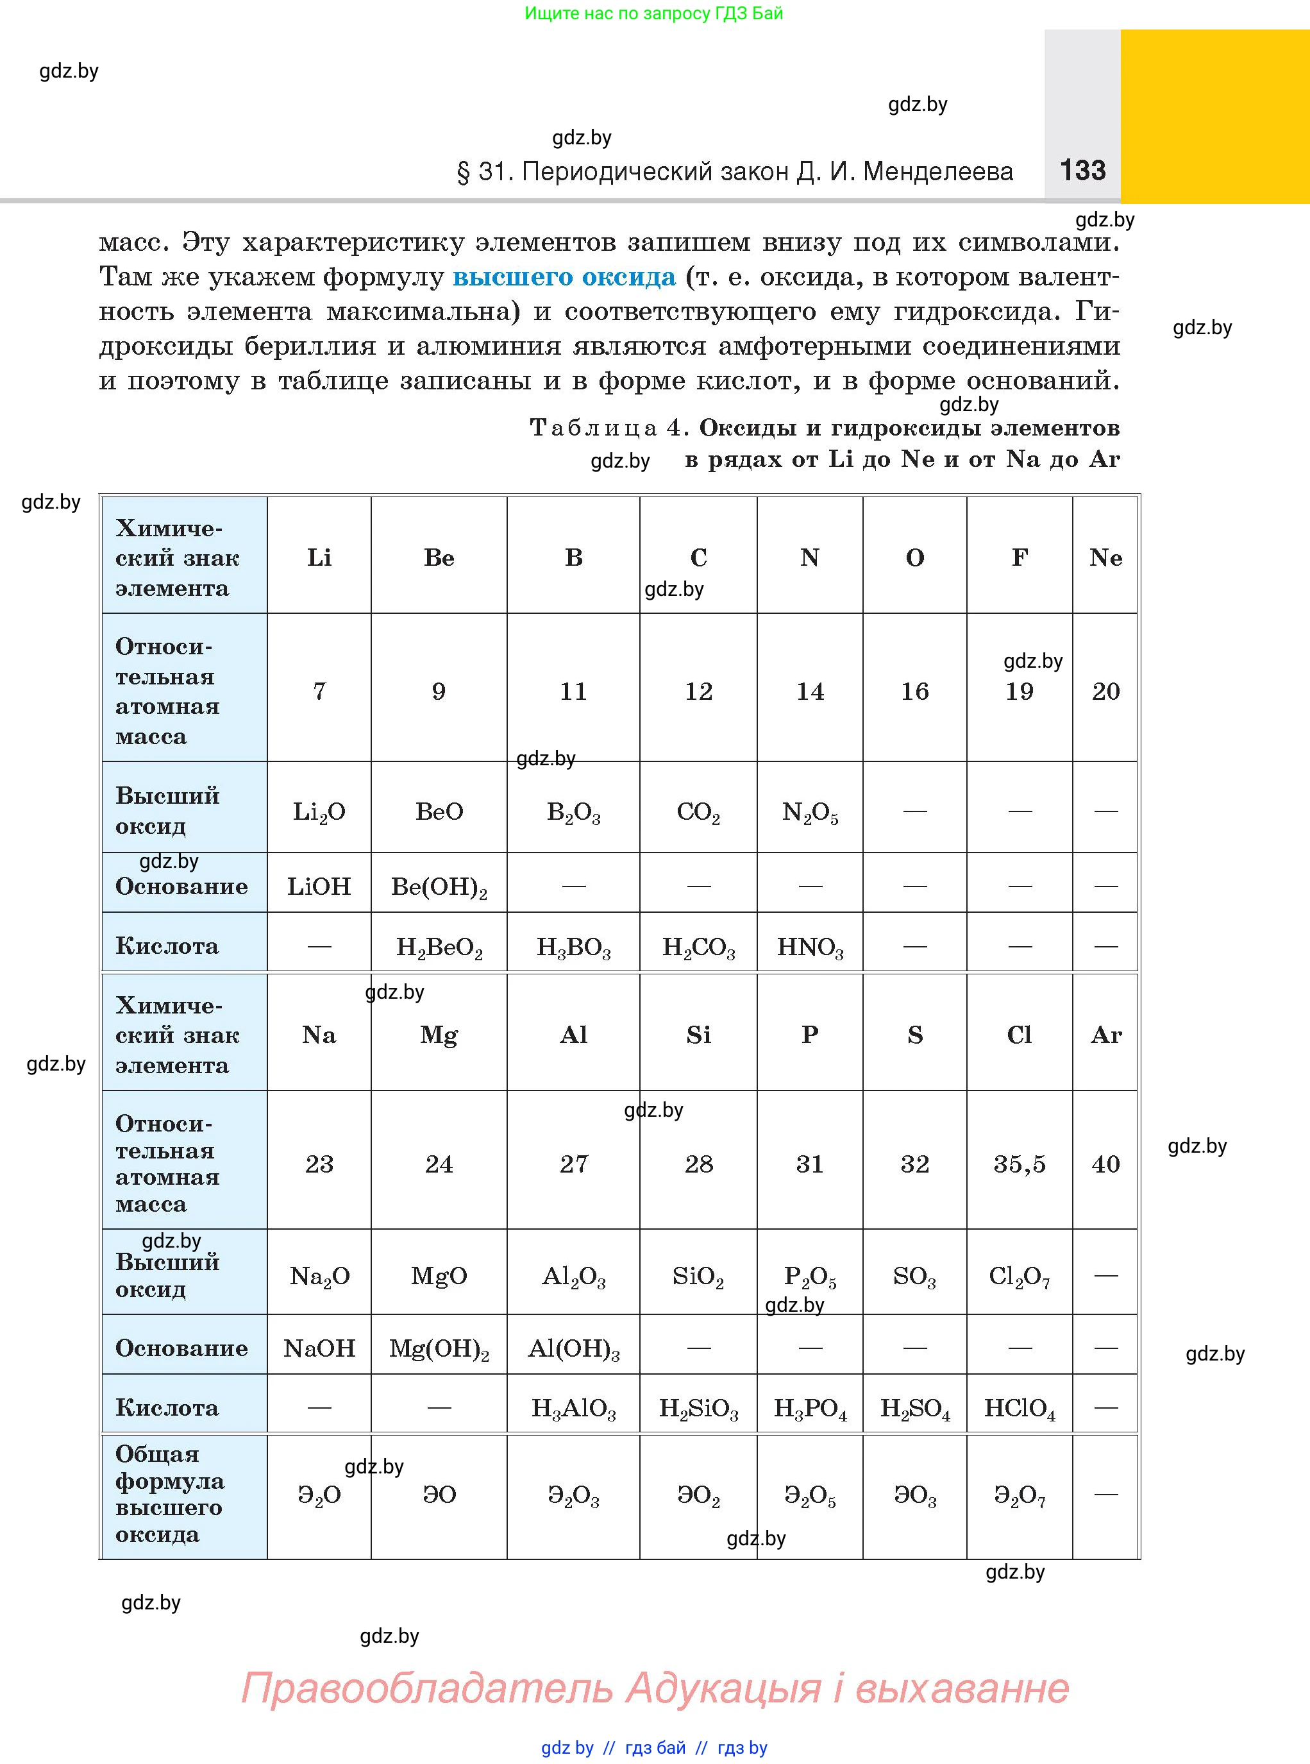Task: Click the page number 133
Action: click(1082, 171)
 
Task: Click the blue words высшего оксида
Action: click(564, 277)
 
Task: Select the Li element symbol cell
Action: click(319, 557)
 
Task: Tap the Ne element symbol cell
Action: click(1105, 557)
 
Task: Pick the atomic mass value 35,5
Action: click(1019, 1164)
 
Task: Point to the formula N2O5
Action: click(810, 812)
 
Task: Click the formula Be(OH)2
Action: click(439, 886)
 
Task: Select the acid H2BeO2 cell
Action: click(439, 947)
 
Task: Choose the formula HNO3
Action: click(810, 947)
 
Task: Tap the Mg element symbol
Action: click(439, 1035)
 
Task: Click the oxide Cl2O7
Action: click(1019, 1276)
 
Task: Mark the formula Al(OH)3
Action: click(573, 1348)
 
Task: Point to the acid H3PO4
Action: click(810, 1408)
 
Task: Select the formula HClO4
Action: click(1019, 1408)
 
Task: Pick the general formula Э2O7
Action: click(1019, 1496)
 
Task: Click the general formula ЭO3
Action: click(914, 1496)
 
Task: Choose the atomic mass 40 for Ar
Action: click(1105, 1164)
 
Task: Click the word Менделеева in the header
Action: click(937, 171)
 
